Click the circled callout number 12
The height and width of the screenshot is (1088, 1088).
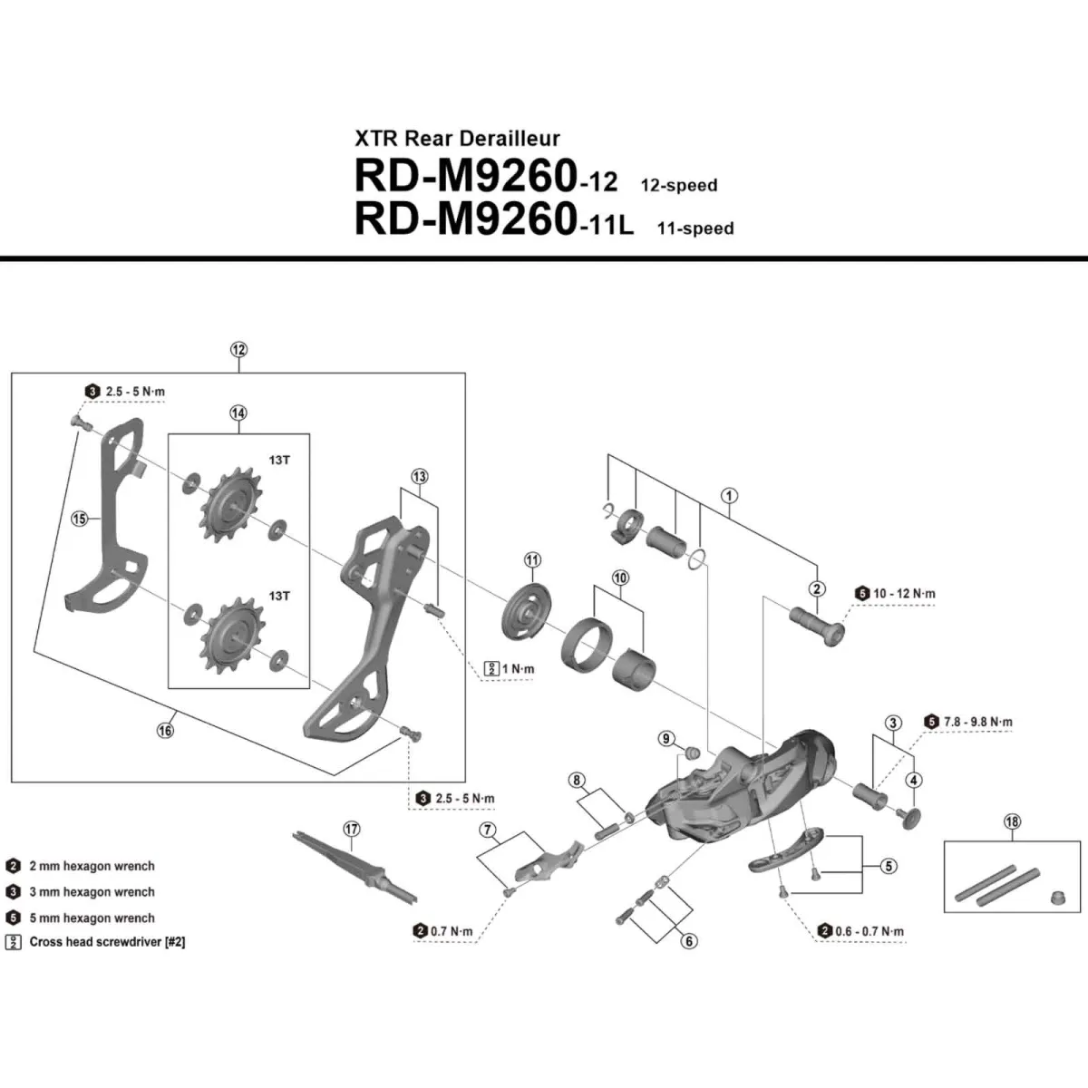pos(238,350)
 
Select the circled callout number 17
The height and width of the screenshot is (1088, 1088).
pos(352,829)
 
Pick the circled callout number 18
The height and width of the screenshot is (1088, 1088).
pos(1012,822)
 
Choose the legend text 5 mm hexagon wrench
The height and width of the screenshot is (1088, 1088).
pos(92,918)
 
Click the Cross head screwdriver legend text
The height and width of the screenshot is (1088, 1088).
pos(107,942)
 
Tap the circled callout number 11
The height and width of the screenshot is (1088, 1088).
pos(531,559)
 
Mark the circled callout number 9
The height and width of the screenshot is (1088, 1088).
pos(666,739)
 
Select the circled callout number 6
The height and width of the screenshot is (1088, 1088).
pos(689,941)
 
